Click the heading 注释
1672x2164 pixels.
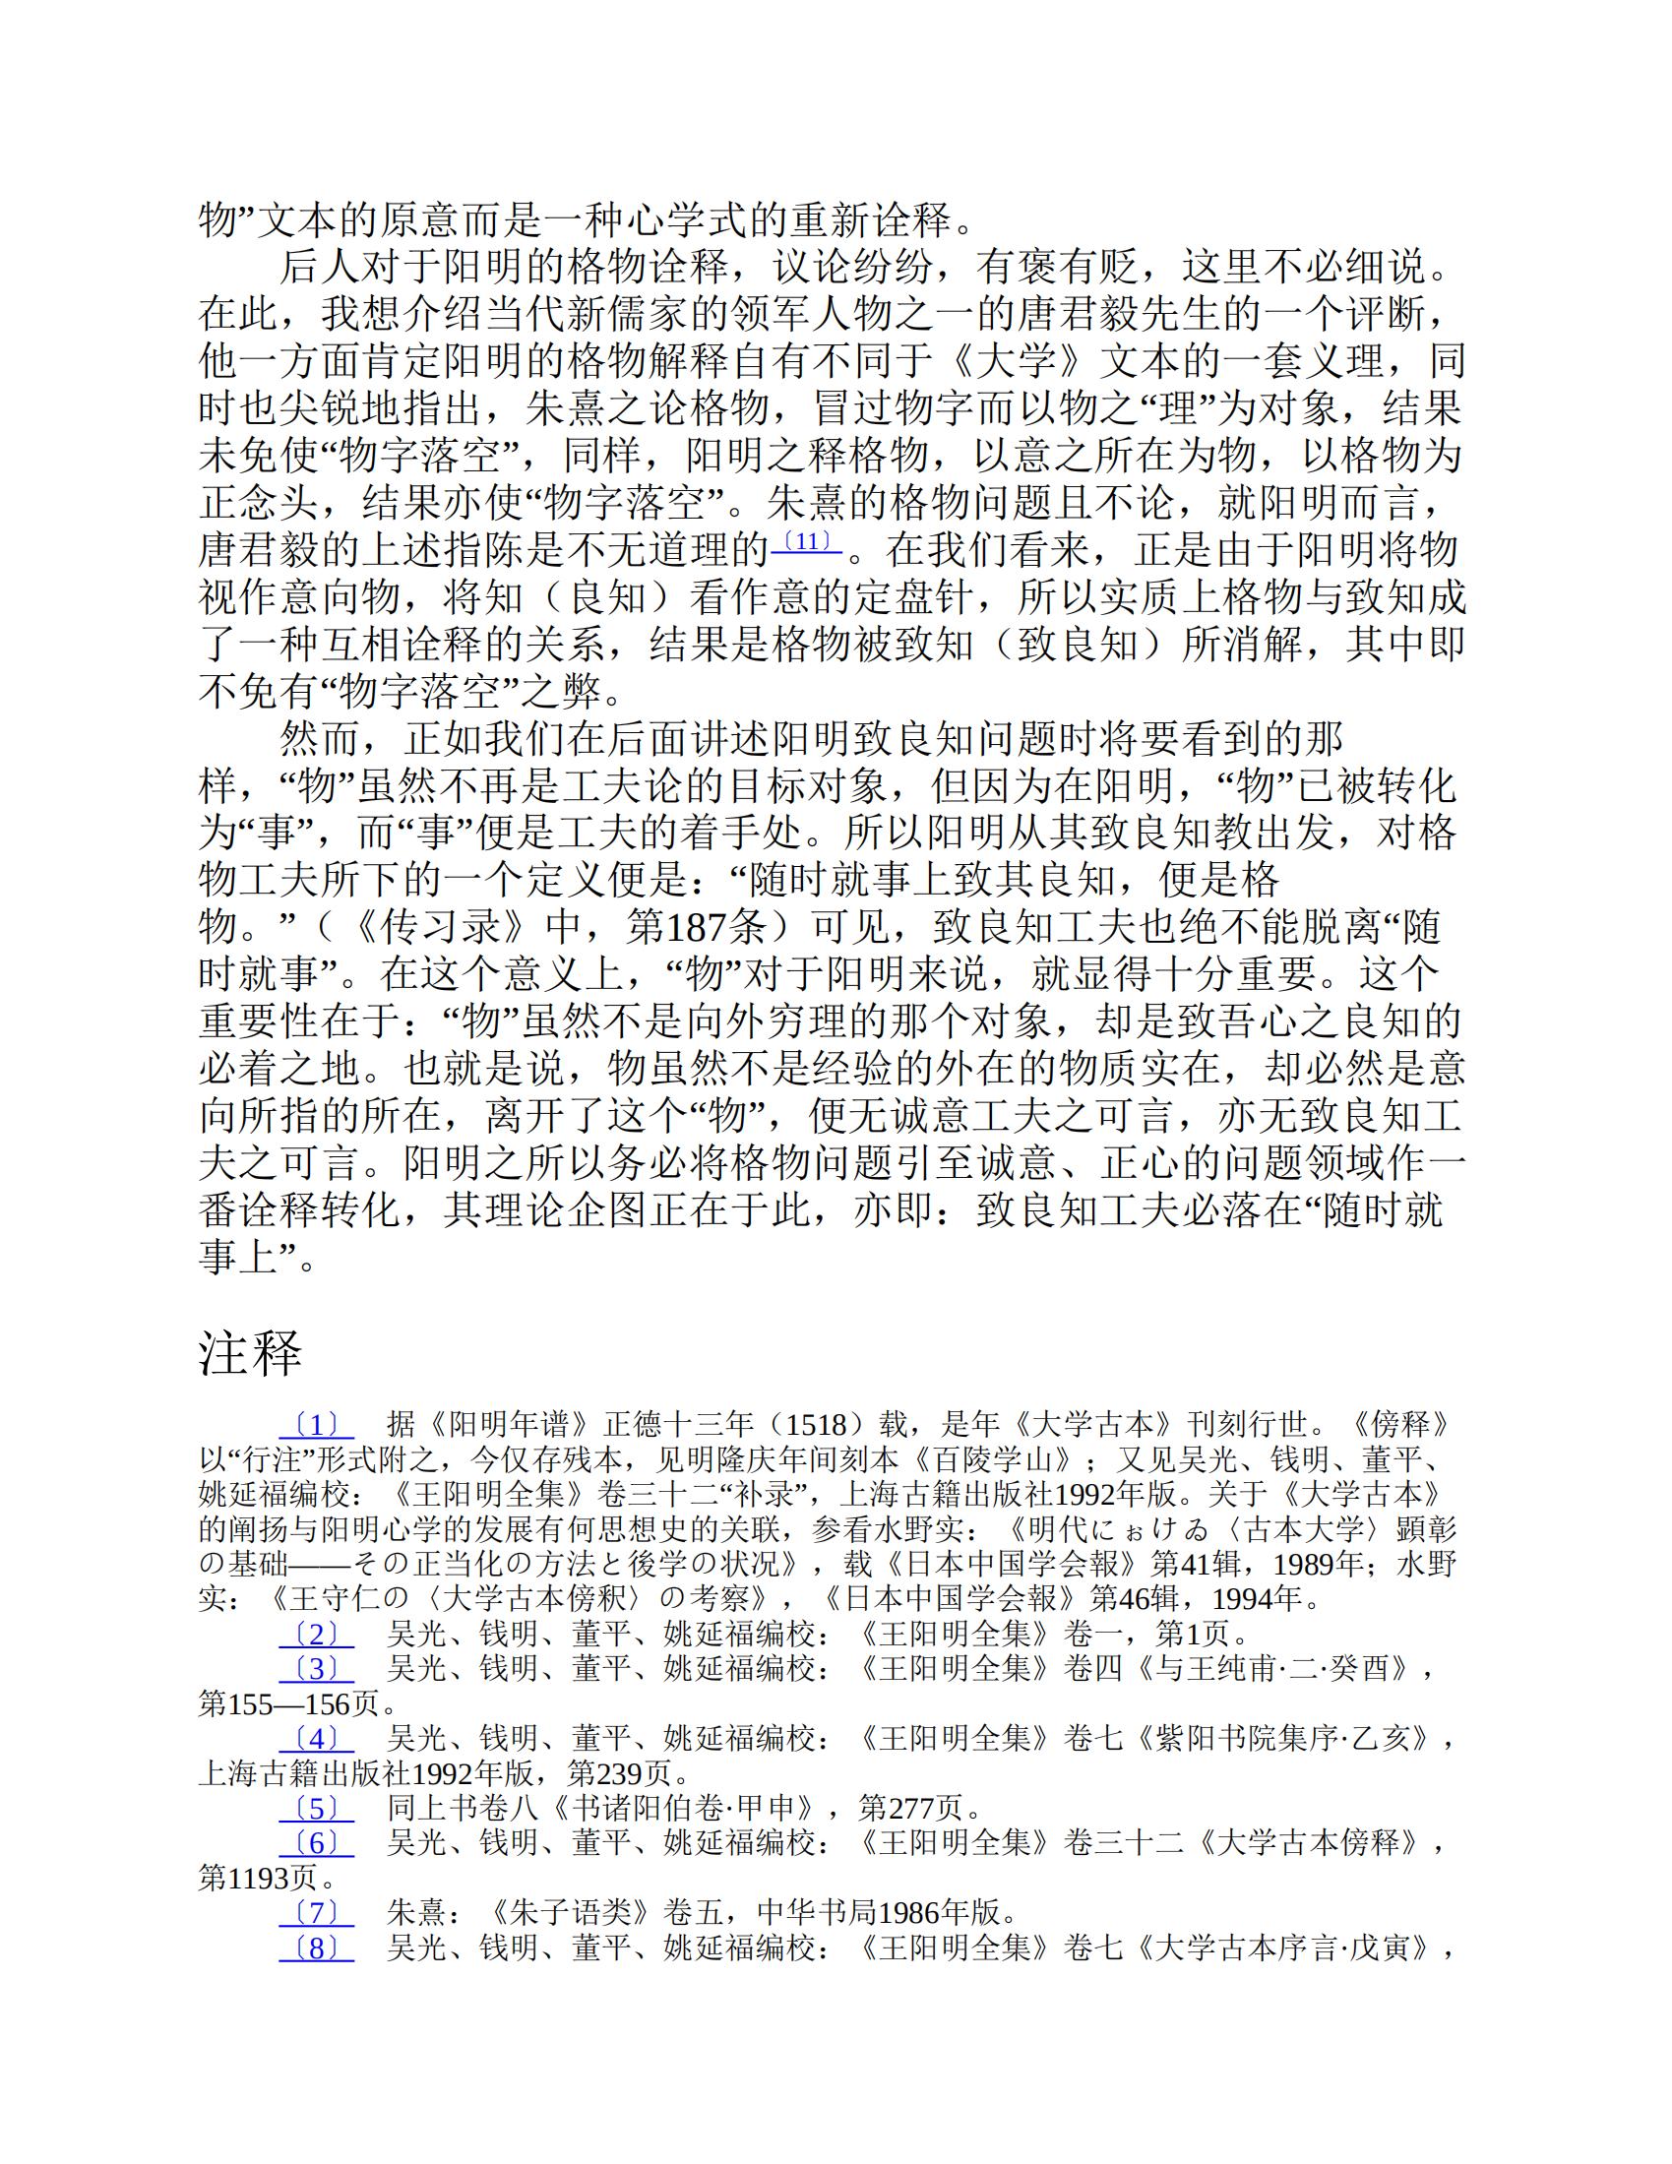[x=250, y=1352]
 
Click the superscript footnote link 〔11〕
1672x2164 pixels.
[x=806, y=542]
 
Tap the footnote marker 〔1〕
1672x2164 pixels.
[x=316, y=1426]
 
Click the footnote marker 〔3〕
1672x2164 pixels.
[x=316, y=1669]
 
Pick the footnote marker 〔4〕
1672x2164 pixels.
[x=316, y=1738]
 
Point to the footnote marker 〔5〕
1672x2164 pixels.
[x=316, y=1809]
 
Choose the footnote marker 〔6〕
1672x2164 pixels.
[x=316, y=1843]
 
